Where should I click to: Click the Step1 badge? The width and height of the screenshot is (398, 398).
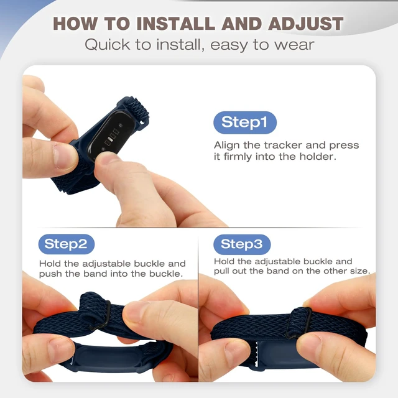tap(245, 123)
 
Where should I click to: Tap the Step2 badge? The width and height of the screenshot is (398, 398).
tap(67, 244)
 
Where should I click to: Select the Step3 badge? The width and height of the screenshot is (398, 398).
tap(242, 244)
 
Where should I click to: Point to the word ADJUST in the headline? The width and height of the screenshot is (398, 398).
tap(305, 24)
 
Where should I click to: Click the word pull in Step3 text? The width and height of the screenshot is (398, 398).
tap(221, 271)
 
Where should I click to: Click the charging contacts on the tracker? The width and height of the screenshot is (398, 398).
tap(112, 137)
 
